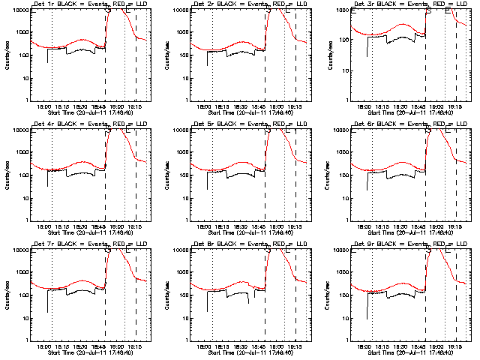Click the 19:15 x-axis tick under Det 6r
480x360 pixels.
pos(457,226)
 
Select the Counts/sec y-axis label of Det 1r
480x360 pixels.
pos(7,54)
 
